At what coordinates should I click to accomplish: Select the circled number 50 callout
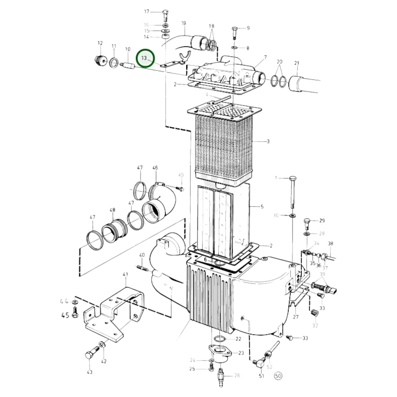point(278,376)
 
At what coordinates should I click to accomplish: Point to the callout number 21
point(296,63)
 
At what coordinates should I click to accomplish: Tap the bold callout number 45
point(65,315)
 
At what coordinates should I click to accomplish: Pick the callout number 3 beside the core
point(268,141)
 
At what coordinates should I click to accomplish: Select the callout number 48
point(112,210)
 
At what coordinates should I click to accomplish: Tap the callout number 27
point(295,317)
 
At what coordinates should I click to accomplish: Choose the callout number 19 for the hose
point(184,23)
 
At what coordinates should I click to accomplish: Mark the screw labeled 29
point(307,223)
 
